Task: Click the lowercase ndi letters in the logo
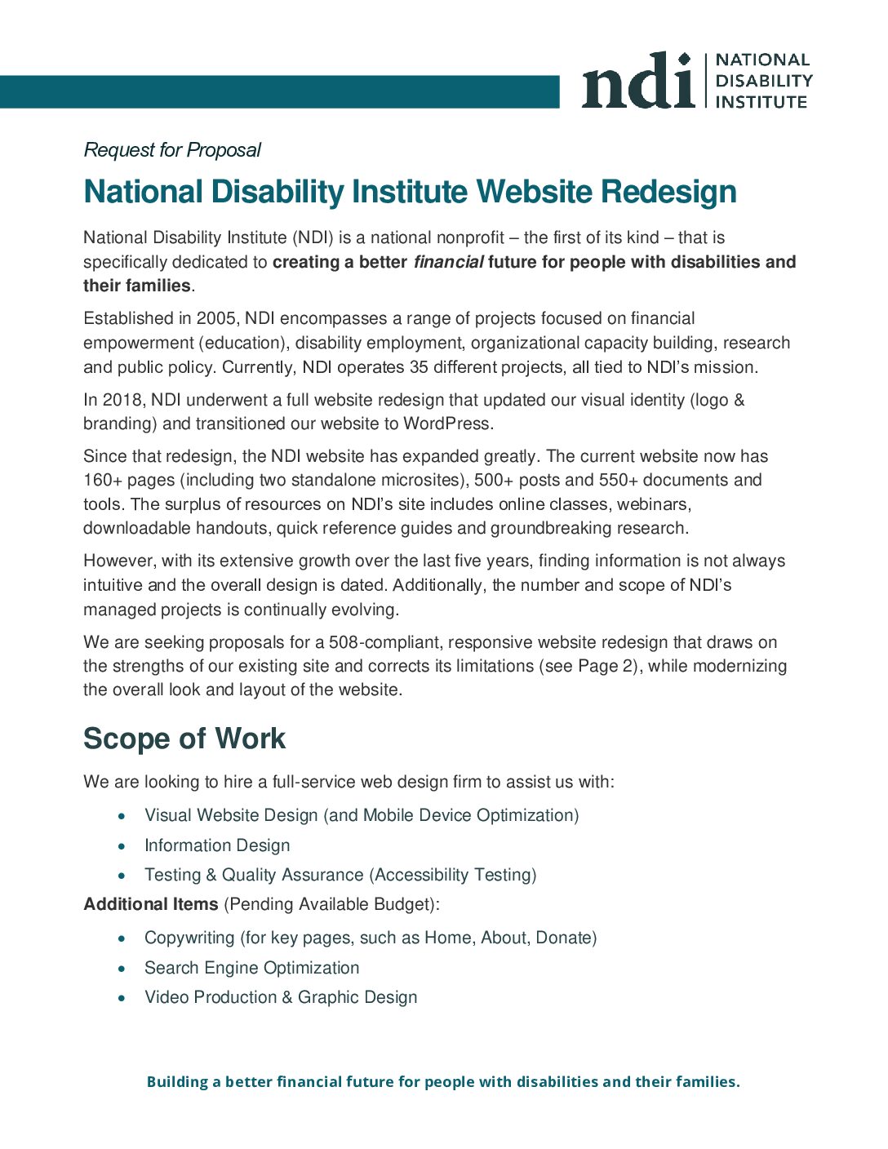pos(637,82)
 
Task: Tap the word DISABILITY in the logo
pos(763,81)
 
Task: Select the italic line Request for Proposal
pos(172,150)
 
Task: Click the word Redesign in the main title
pos(668,192)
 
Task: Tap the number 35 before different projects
pos(419,367)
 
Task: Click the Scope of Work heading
pos(184,739)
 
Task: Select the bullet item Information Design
pos(217,845)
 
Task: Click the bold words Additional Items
pos(151,904)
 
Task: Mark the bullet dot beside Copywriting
pos(122,939)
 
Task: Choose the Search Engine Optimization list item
pos(251,968)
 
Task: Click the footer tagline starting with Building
pos(443,1082)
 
